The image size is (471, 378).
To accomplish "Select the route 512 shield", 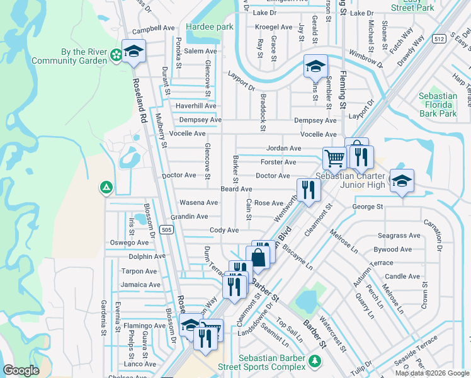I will pos(440,39).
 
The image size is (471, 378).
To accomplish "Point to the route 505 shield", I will pos(166,230).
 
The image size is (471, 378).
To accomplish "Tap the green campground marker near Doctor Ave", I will pos(106,187).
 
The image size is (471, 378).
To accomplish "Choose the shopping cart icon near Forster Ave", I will pos(334,157).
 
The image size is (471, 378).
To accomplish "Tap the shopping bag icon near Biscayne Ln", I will pos(258,257).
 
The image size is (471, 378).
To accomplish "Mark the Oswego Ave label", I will pos(129,243).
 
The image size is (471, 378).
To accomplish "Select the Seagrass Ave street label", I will pos(397,236).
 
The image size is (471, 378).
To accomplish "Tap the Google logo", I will pos(21,370).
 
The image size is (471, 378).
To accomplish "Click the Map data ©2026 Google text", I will pos(431,373).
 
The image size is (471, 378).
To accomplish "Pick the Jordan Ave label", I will pos(283,148).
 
